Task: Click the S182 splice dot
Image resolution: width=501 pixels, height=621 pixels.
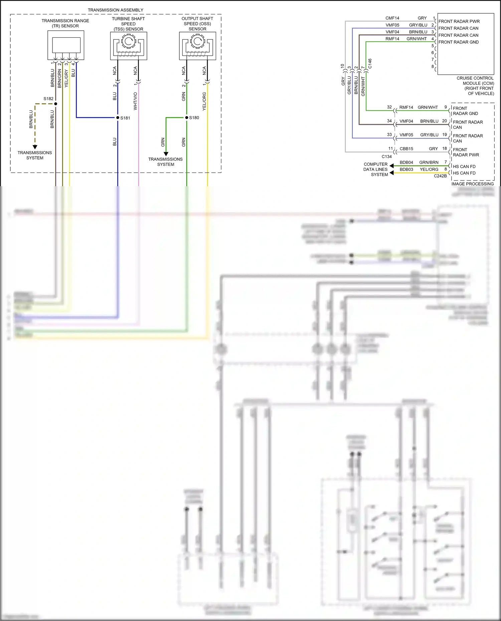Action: tap(56, 104)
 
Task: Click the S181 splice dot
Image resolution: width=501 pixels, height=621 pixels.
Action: tap(118, 117)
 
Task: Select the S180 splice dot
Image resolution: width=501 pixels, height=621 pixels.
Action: tap(187, 117)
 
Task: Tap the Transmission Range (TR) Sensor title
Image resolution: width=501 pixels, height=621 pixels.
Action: tap(65, 23)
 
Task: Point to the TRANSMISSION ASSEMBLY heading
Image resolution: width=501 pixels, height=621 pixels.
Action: tap(116, 10)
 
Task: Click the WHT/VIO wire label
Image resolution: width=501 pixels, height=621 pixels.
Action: tap(135, 101)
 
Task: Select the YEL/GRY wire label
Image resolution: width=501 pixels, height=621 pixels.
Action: tap(66, 79)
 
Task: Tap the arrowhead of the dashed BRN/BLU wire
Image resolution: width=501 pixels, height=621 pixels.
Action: tap(35, 147)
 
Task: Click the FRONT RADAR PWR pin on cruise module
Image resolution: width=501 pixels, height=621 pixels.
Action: tap(459, 21)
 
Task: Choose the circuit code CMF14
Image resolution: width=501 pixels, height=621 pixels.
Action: tap(392, 18)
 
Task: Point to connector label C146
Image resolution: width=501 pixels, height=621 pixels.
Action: tap(370, 64)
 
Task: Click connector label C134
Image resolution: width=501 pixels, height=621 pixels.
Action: tap(386, 157)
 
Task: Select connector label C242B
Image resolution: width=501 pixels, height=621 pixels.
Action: tap(440, 176)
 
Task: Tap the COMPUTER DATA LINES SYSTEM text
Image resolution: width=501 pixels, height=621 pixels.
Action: tap(376, 169)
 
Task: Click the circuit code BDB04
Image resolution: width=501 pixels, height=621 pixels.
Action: tap(406, 163)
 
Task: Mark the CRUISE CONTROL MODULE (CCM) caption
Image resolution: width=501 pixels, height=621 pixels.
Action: tap(475, 86)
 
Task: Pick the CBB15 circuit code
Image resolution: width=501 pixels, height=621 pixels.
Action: tap(406, 148)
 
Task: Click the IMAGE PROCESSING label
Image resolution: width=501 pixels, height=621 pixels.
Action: tap(472, 184)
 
